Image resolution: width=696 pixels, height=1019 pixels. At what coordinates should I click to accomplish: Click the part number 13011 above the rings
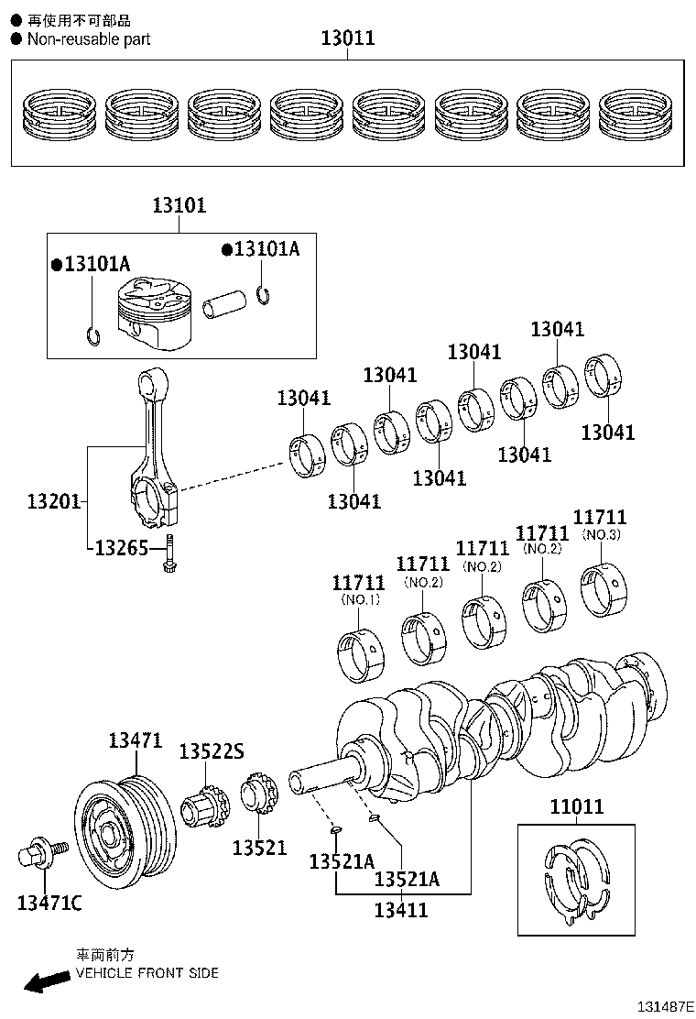347,38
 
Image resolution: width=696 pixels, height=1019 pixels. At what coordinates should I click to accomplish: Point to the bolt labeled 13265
169,557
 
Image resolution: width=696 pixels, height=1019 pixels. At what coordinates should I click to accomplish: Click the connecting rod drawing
154,449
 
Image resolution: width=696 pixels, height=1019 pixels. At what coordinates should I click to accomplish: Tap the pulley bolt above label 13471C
39,856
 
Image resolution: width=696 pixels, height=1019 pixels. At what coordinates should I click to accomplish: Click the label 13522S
211,752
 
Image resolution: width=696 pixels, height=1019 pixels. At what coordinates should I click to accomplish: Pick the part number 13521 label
259,849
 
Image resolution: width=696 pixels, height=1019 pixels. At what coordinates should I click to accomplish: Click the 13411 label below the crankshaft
401,910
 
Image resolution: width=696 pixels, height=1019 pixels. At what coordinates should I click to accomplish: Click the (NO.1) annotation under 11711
360,599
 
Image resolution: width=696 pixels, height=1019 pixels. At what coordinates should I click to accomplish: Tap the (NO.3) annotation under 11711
601,535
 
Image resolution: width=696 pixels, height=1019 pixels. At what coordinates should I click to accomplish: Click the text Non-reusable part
88,39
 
